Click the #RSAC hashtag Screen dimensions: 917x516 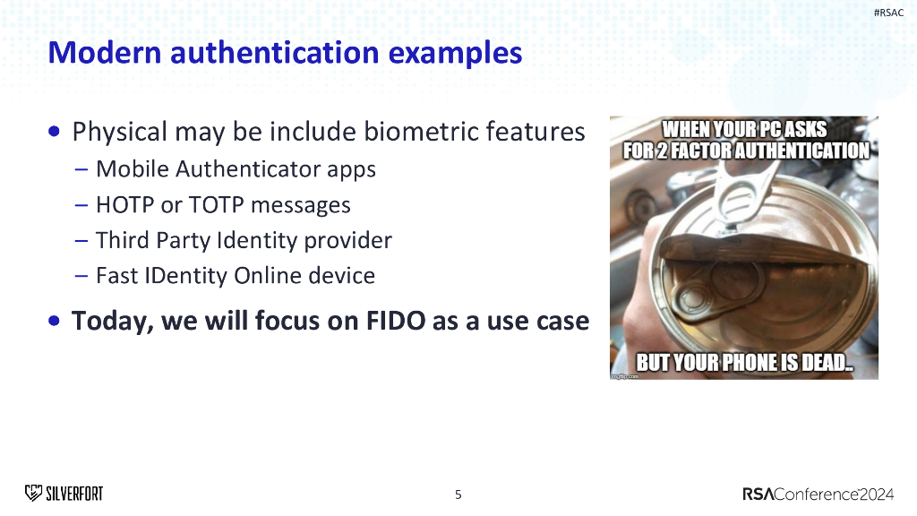888,13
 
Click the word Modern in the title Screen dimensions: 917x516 105,52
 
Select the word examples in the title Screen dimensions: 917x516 455,54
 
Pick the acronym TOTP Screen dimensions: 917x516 217,205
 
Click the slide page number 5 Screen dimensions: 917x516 458,494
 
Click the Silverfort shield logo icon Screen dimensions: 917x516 33,494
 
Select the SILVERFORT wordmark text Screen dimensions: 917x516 74,494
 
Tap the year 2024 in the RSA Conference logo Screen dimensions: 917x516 877,494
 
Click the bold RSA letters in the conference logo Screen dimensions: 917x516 758,494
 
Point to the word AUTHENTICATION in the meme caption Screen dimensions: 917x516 802,150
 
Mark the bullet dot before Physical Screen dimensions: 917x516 55,132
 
